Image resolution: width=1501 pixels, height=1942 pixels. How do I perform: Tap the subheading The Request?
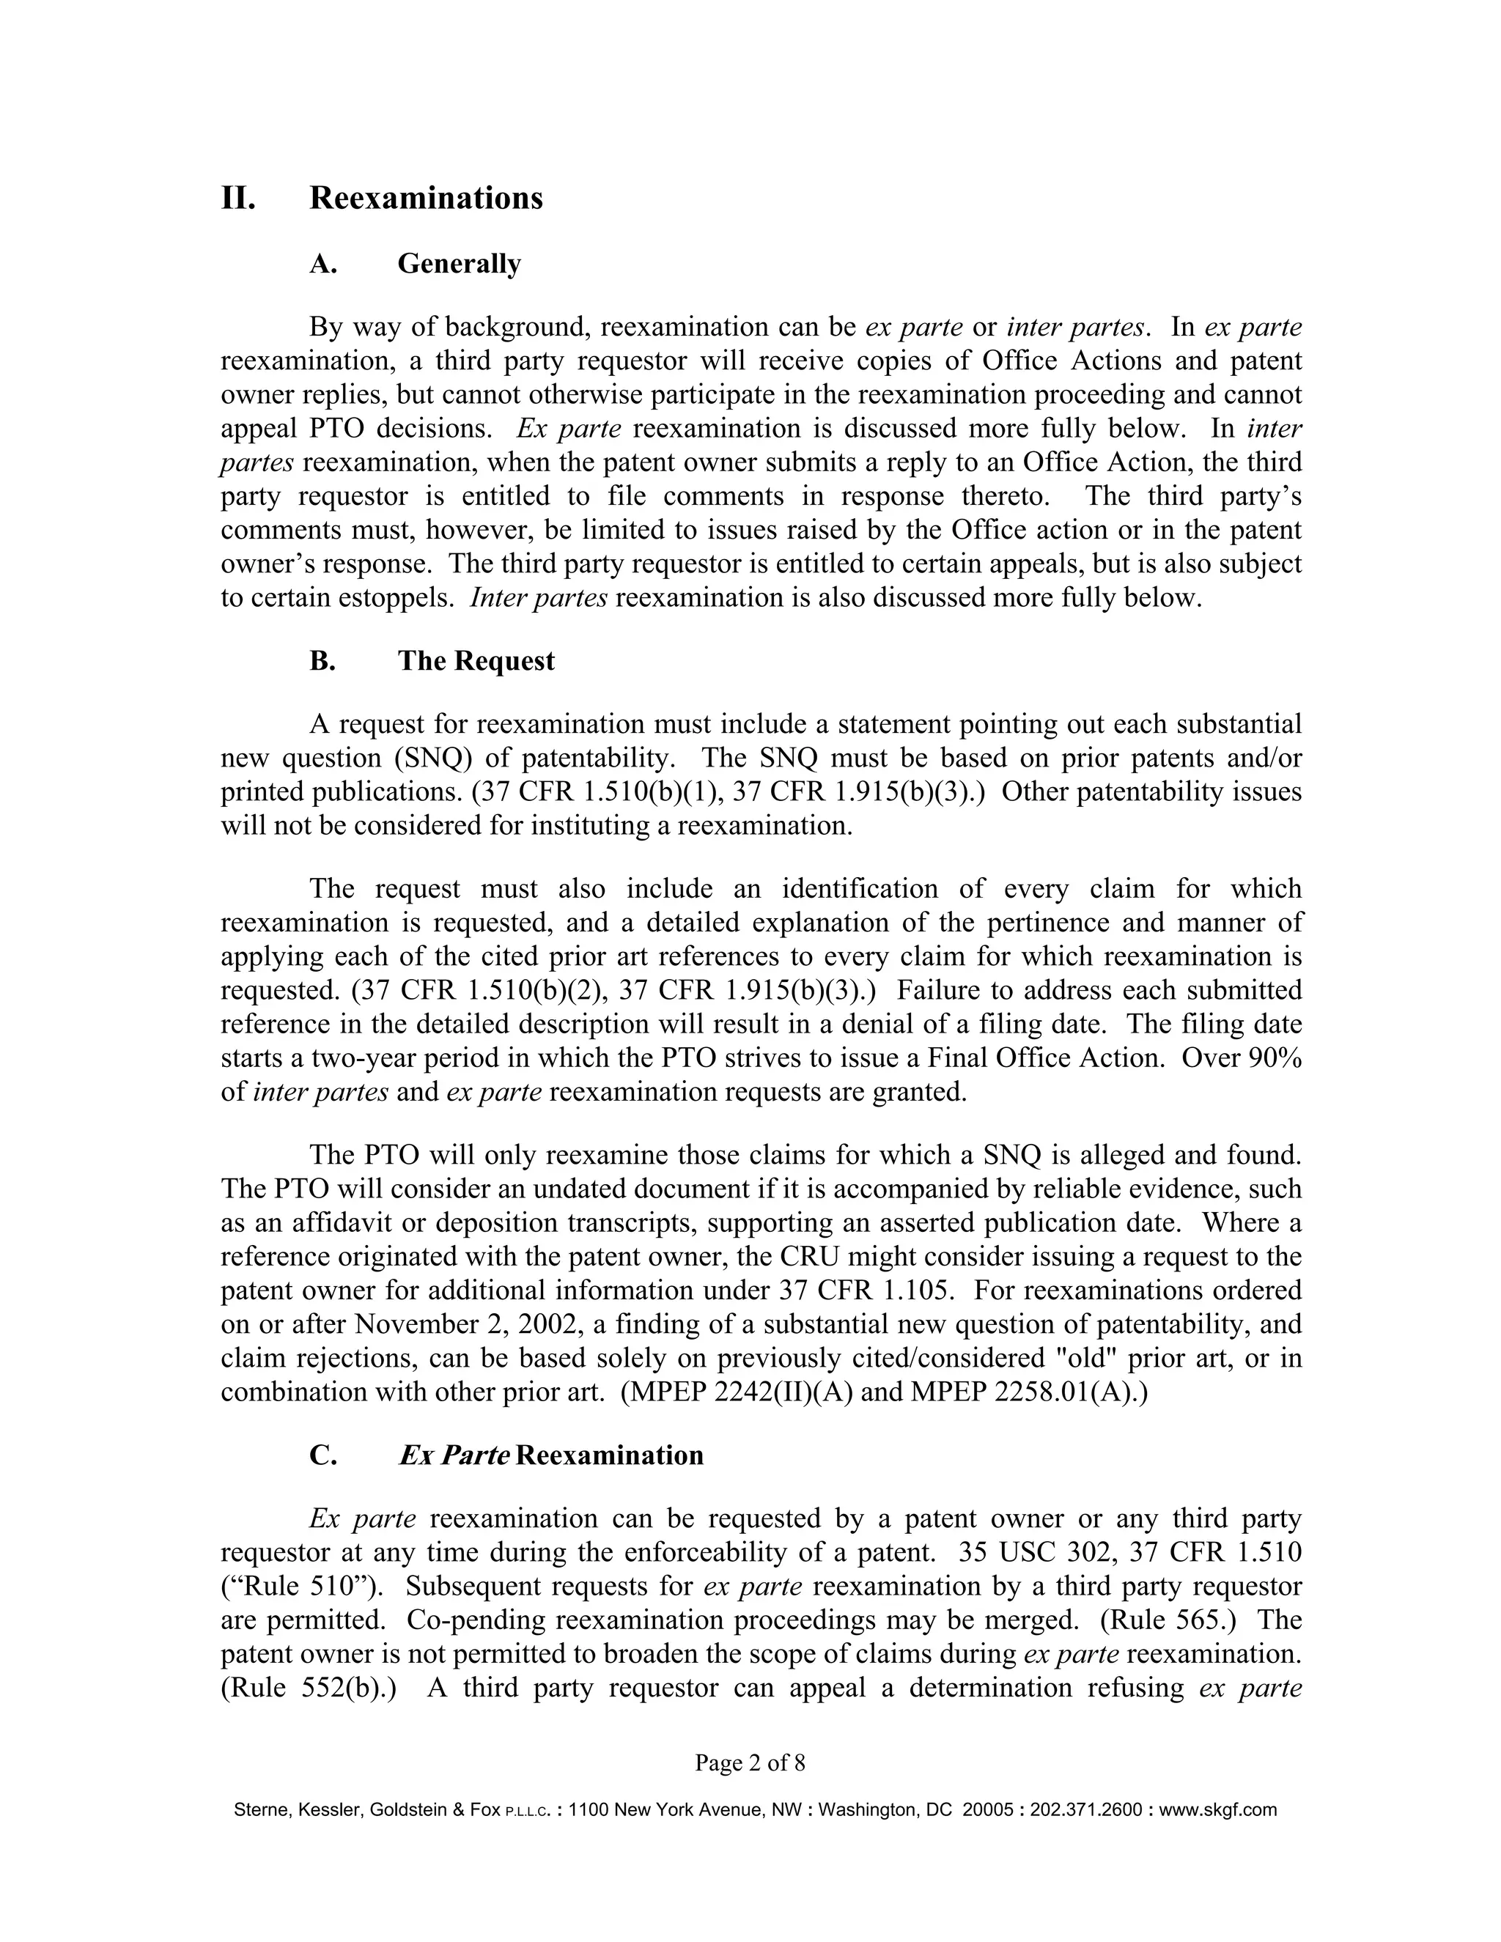[476, 661]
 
